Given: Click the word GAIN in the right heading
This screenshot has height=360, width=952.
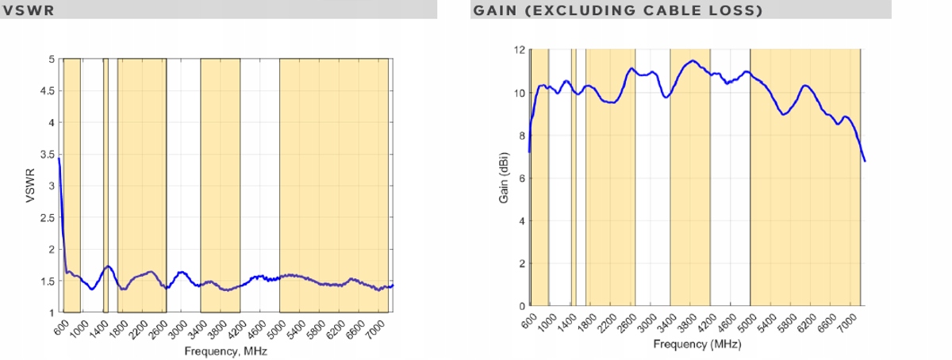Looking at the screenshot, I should pyautogui.click(x=493, y=10).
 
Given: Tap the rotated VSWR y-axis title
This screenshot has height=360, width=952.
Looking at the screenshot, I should pyautogui.click(x=31, y=186).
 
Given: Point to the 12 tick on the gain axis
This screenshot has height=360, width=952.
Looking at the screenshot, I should pyautogui.click(x=520, y=50).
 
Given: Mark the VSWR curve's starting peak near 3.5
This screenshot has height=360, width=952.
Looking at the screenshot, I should pyautogui.click(x=59, y=159).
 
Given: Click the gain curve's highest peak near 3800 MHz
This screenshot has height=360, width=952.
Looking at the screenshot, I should pyautogui.click(x=692, y=61).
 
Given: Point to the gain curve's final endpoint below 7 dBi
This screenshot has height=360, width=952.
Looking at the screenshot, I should pyautogui.click(x=865, y=161).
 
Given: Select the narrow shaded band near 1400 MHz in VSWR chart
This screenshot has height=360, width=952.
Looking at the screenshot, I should pyautogui.click(x=106, y=186).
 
